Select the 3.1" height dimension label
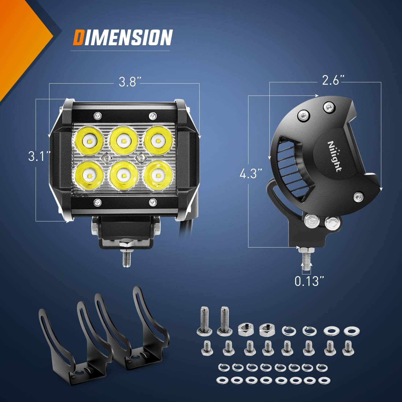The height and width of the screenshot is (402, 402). (39, 156)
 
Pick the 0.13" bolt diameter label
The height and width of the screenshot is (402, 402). (309, 281)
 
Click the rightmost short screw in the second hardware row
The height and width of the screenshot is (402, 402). (348, 348)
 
